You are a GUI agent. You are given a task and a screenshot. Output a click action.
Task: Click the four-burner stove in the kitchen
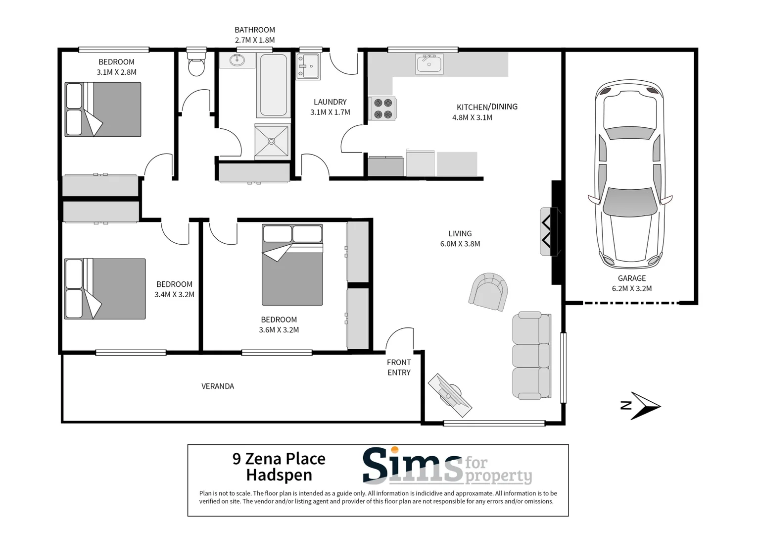pyautogui.click(x=382, y=108)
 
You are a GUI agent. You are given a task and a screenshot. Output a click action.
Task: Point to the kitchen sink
pyautogui.click(x=429, y=64)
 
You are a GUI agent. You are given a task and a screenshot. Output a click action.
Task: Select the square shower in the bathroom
pyautogui.click(x=271, y=141)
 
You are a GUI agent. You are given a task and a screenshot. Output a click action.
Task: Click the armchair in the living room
pyautogui.click(x=488, y=292)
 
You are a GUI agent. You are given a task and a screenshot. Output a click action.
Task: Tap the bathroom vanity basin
pyautogui.click(x=237, y=60)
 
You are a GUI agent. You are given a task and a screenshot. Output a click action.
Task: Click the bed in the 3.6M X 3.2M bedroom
pyautogui.click(x=292, y=265)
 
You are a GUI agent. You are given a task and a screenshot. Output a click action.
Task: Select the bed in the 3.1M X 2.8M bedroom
pyautogui.click(x=103, y=109)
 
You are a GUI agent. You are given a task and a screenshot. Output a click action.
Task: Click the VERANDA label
pyautogui.click(x=218, y=386)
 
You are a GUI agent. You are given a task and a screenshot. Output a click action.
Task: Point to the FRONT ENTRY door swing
pyautogui.click(x=400, y=339)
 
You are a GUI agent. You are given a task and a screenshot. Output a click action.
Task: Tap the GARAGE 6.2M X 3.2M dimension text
pyautogui.click(x=632, y=288)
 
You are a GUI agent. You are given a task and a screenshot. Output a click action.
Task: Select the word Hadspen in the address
pyautogui.click(x=279, y=475)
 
